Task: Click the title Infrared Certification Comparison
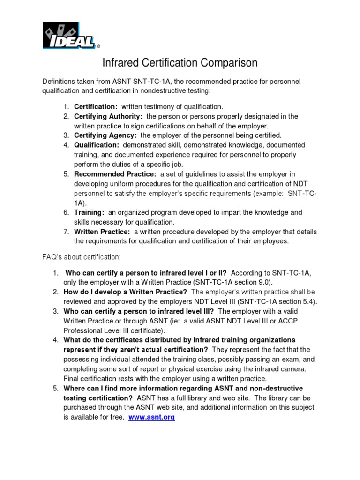point(180,63)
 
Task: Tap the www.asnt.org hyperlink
point(151,417)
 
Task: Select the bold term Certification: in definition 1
point(96,106)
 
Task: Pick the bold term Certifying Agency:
point(105,135)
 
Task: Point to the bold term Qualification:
point(97,145)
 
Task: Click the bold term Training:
point(89,212)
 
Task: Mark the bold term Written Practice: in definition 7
point(102,232)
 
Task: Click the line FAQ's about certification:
point(81,257)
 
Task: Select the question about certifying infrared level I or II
point(146,272)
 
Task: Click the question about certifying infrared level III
point(139,311)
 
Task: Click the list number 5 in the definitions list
point(66,174)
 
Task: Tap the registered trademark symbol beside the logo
point(98,46)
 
